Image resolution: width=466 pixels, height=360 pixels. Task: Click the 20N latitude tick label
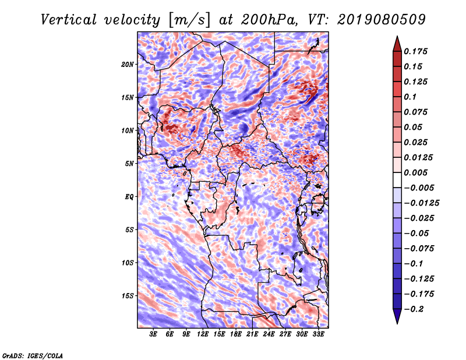(128, 65)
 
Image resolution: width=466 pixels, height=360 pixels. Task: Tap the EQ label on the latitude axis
(129, 197)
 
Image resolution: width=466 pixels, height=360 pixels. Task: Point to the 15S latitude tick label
(128, 296)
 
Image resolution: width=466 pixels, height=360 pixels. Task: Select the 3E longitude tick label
(153, 334)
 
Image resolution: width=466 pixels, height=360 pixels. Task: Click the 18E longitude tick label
(236, 334)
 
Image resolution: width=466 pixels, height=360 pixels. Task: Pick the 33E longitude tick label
(318, 334)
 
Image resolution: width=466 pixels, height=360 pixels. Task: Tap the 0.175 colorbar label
(415, 51)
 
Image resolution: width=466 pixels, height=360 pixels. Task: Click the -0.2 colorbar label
(414, 309)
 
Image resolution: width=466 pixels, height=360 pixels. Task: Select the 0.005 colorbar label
(415, 172)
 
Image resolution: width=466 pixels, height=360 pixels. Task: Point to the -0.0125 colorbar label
(421, 203)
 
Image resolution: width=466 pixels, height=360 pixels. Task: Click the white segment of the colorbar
(397, 180)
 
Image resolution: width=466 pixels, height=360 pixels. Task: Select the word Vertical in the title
(69, 20)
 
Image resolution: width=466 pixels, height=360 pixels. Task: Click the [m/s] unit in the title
(189, 20)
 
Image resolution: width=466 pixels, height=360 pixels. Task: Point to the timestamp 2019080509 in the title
(382, 20)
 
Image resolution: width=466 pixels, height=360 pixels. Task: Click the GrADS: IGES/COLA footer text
(33, 356)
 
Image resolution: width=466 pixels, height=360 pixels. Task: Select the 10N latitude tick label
(128, 130)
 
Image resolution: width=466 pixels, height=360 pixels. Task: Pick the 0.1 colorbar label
(410, 97)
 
